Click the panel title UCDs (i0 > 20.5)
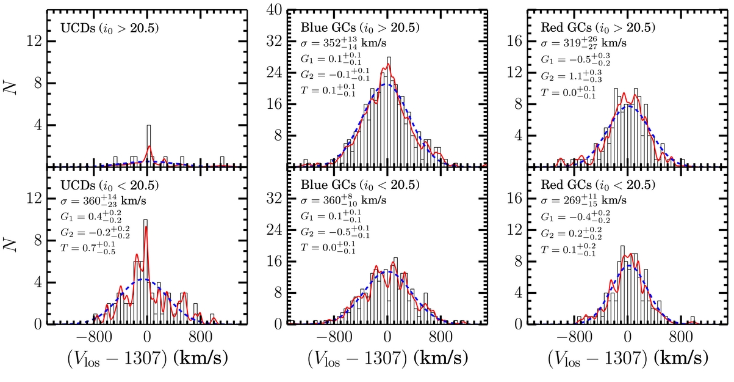[x=109, y=28]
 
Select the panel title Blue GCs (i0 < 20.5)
[x=360, y=185]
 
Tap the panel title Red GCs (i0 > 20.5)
[x=598, y=28]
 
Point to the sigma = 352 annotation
[x=344, y=43]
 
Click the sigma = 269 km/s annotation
[x=583, y=200]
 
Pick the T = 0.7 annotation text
[x=88, y=248]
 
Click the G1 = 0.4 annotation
[x=91, y=216]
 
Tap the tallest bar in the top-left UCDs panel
[x=149, y=145]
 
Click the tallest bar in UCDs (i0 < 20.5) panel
[x=145, y=272]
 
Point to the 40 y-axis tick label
[x=274, y=10]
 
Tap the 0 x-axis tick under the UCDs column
[x=147, y=337]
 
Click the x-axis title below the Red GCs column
[x=628, y=359]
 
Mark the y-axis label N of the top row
[x=10, y=88]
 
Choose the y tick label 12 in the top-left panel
[x=34, y=42]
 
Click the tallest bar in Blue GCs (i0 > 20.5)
[x=389, y=112]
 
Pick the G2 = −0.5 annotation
[x=335, y=232]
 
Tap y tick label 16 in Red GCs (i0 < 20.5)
[x=514, y=199]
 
